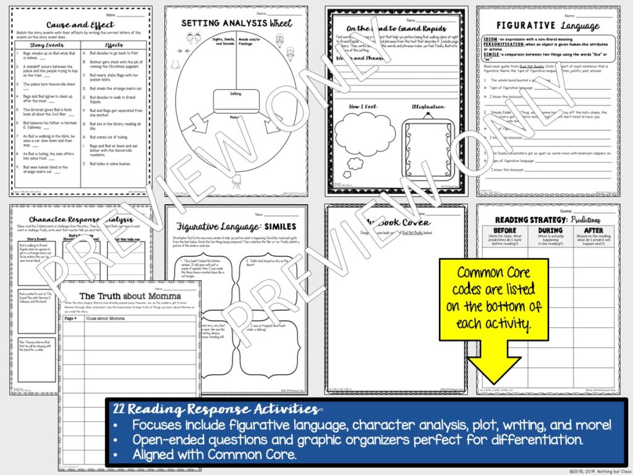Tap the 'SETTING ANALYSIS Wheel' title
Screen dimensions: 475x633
pyautogui.click(x=236, y=24)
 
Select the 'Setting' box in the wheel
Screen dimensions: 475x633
pyautogui.click(x=237, y=98)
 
